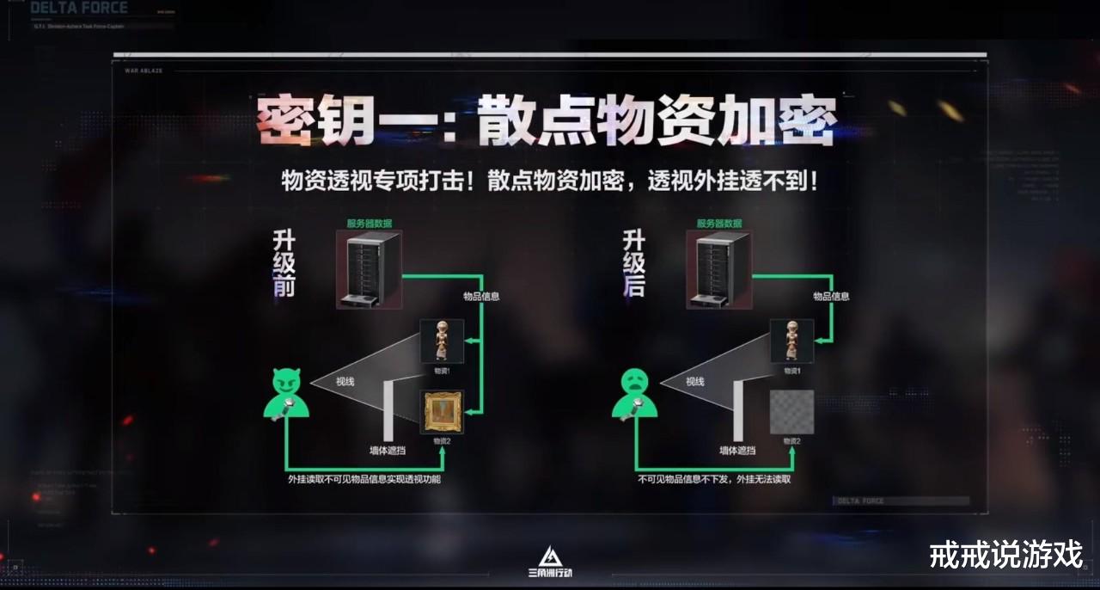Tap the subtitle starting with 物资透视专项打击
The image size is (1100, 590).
click(x=549, y=181)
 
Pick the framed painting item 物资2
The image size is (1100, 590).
click(x=443, y=411)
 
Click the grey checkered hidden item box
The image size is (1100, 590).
click(x=791, y=411)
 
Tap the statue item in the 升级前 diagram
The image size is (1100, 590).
click(x=442, y=341)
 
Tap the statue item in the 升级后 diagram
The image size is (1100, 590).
click(x=791, y=341)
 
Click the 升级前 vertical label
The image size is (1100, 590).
click(x=284, y=263)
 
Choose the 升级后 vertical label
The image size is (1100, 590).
click(x=634, y=263)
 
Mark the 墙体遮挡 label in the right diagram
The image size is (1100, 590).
click(x=737, y=450)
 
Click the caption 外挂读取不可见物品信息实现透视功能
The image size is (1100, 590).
click(x=364, y=479)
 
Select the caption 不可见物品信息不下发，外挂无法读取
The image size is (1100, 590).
click(x=713, y=479)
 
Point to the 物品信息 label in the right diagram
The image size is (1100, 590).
click(x=831, y=296)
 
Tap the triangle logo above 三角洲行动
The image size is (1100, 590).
click(x=549, y=556)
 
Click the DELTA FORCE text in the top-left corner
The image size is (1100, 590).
click(x=79, y=9)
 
